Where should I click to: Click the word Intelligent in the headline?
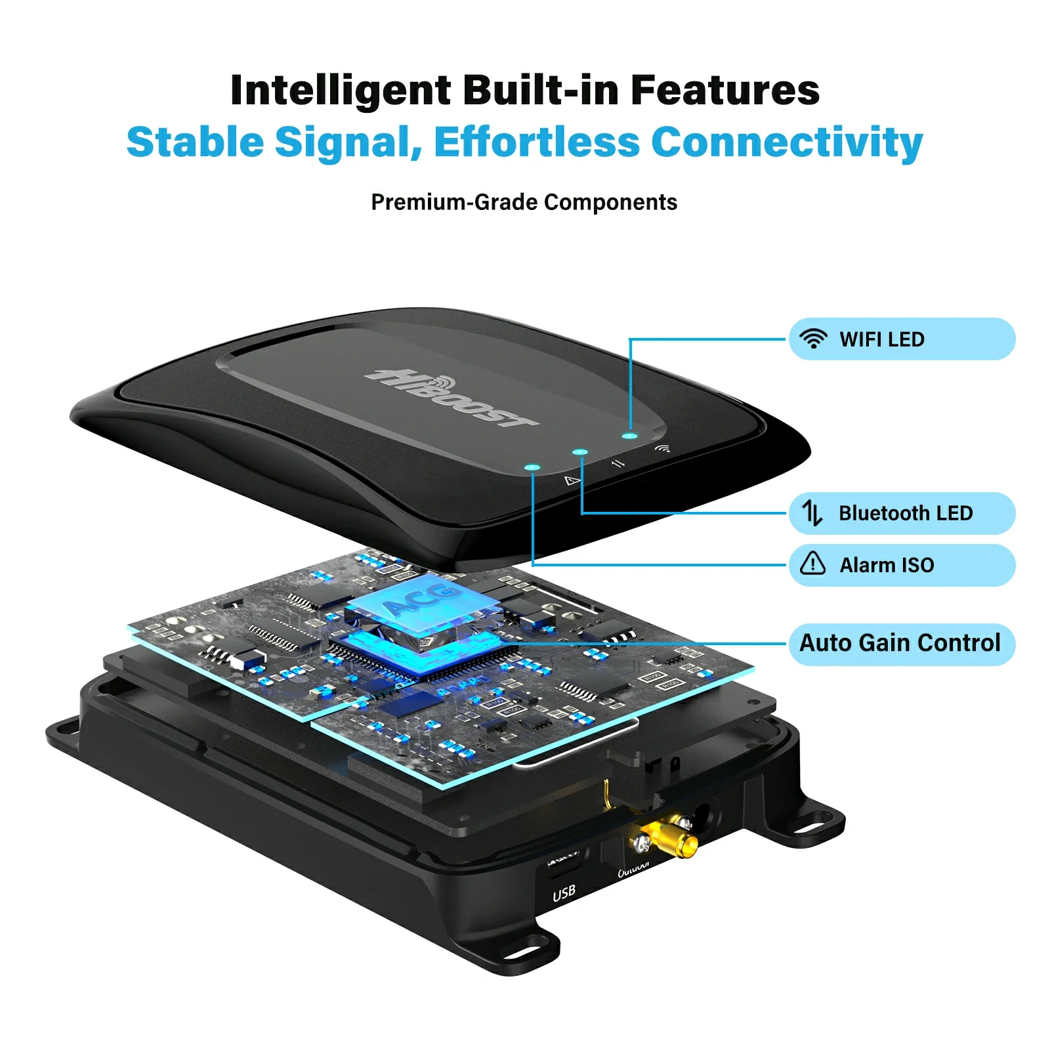[341, 91]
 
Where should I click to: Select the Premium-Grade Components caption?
[524, 202]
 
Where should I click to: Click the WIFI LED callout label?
[881, 339]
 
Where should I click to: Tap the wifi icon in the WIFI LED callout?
[813, 339]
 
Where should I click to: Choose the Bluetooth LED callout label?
[905, 513]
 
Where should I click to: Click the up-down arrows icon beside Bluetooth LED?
[812, 513]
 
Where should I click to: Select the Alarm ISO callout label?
[887, 565]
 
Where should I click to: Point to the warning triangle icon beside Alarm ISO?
[812, 564]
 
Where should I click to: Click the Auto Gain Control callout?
[900, 643]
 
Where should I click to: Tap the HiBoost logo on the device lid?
[453, 398]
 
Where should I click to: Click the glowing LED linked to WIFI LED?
[630, 436]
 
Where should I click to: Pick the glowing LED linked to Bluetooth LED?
[580, 452]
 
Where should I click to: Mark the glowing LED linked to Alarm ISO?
[533, 468]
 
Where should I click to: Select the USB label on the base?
[564, 892]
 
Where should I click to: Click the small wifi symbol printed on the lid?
[663, 448]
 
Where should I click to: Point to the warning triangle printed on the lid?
[572, 481]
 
